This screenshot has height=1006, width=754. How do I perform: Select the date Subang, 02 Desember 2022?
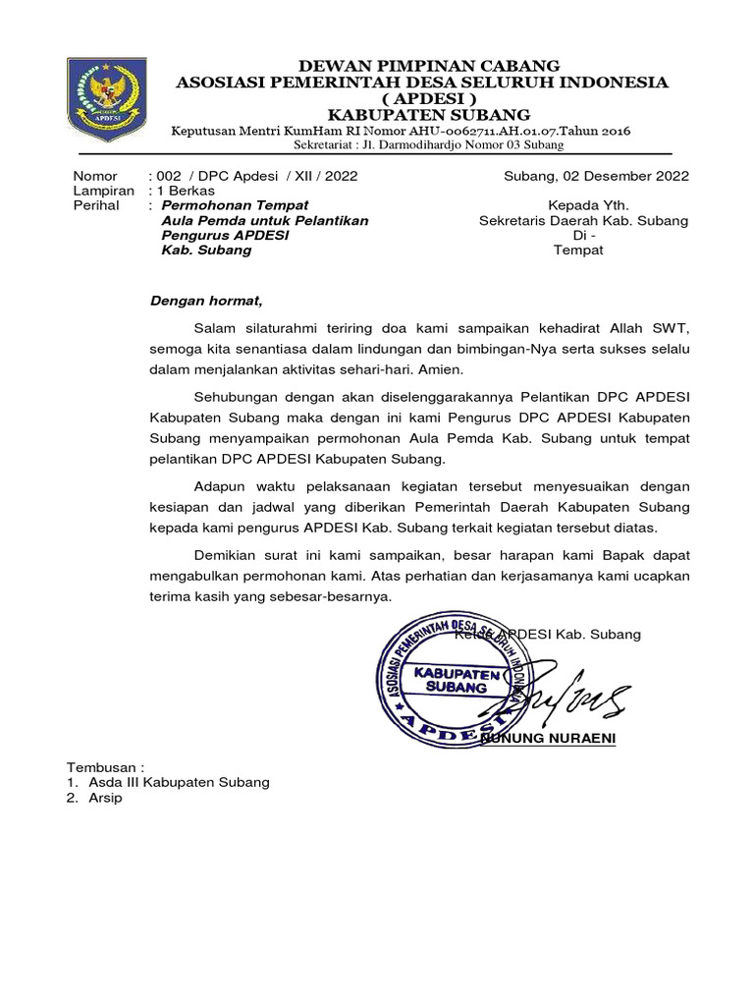(596, 177)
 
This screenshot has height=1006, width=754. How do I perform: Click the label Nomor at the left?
(94, 177)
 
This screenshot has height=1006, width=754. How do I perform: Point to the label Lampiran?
(103, 192)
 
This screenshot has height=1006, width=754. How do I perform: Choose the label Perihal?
(96, 206)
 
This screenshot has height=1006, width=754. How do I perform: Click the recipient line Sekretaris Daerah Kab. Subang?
(583, 221)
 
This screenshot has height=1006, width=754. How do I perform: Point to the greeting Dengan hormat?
(206, 301)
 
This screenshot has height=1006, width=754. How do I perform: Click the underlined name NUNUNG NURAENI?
(550, 738)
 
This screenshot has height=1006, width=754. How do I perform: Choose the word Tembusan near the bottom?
(103, 766)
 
